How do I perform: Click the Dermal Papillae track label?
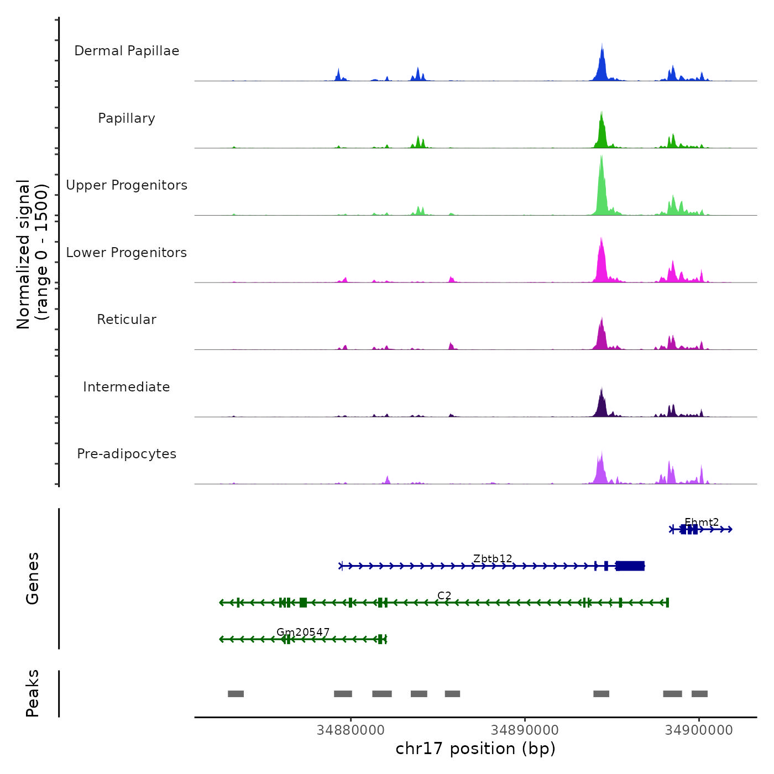click(x=127, y=51)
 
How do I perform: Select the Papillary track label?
click(x=127, y=118)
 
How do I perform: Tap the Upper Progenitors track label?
click(x=127, y=185)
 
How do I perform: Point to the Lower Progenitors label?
click(x=127, y=253)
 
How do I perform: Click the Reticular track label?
click(x=127, y=320)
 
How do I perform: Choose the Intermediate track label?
click(x=127, y=387)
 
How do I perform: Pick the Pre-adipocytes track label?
click(x=127, y=454)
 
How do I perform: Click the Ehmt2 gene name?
click(x=702, y=522)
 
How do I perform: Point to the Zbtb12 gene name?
click(x=493, y=559)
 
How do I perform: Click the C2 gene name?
click(x=444, y=595)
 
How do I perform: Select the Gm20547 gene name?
click(x=303, y=632)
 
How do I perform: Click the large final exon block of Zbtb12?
click(x=630, y=566)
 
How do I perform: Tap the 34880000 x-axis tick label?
click(x=351, y=730)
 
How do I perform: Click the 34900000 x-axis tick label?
click(x=699, y=730)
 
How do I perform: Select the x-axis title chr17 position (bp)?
click(x=475, y=749)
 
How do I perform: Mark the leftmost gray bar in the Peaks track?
click(x=236, y=694)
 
